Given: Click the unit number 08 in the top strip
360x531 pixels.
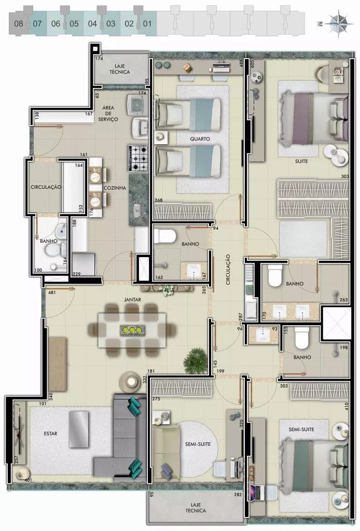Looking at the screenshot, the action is click(19, 24).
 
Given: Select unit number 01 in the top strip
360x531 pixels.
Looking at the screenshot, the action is click(147, 24).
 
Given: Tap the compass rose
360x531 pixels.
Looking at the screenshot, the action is click(338, 24).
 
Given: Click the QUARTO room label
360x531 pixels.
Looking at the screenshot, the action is click(200, 139).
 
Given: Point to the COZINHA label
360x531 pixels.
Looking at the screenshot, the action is click(115, 188).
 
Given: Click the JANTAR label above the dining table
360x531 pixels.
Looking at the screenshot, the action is click(132, 300).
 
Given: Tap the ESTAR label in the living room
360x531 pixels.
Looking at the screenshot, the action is click(50, 434).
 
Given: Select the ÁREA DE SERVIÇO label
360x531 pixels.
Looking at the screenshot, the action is click(108, 114).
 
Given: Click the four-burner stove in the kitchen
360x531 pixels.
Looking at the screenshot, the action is click(138, 158).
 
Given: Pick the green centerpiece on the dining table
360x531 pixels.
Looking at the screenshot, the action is click(132, 330).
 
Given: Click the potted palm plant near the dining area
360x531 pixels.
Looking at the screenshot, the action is click(196, 359).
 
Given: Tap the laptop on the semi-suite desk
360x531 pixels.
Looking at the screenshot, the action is click(257, 492).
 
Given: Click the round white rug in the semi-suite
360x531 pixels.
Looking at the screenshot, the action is click(197, 444).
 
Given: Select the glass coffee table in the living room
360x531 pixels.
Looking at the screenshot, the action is click(79, 429).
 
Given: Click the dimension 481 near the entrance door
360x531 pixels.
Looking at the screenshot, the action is click(52, 292).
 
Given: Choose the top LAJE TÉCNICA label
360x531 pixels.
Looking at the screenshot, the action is click(119, 69).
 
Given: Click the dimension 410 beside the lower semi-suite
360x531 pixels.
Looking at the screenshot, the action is click(347, 406).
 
